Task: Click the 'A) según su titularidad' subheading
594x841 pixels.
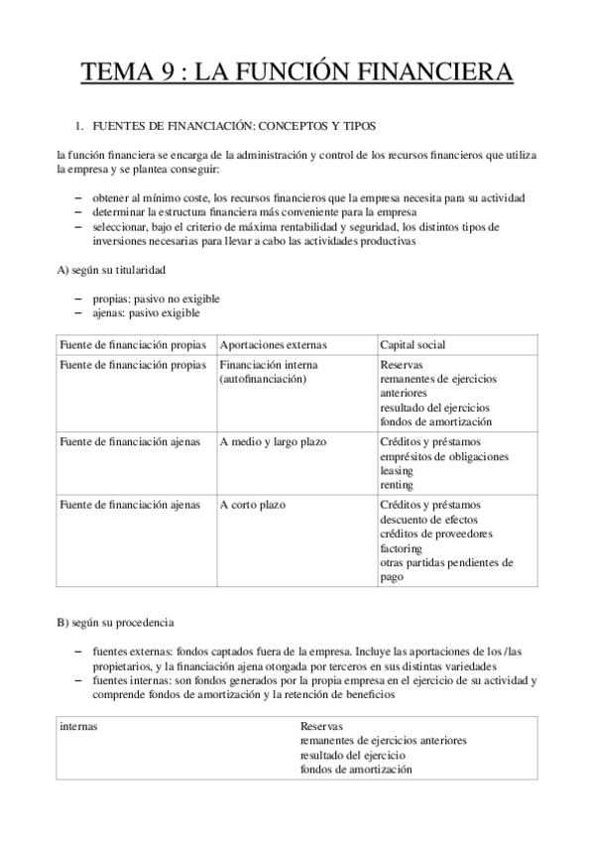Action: tap(111, 270)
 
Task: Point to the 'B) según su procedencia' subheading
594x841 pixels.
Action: tap(115, 623)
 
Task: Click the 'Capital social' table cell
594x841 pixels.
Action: tap(413, 344)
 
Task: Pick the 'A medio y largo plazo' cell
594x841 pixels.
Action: tap(273, 441)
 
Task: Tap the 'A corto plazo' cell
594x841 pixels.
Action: tap(253, 505)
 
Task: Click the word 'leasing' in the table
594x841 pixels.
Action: tap(399, 471)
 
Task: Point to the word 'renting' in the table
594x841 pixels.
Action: tap(398, 486)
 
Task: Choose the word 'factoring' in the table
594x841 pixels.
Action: tap(402, 548)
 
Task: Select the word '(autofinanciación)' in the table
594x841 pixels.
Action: tap(263, 379)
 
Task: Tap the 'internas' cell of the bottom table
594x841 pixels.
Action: tap(79, 727)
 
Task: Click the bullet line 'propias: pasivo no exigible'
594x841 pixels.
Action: tap(156, 299)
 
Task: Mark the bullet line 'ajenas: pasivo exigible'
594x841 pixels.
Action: tap(146, 312)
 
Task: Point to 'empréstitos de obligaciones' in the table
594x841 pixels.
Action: tap(444, 456)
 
